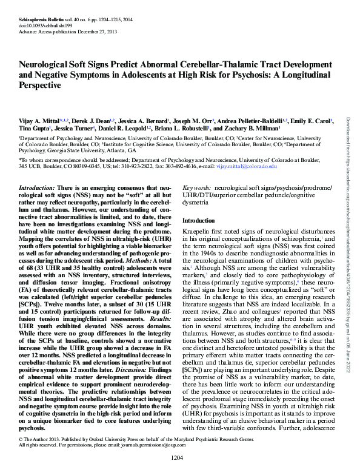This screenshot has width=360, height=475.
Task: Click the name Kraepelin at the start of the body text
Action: click(x=198, y=234)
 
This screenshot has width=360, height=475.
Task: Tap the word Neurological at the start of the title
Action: click(x=45, y=65)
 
